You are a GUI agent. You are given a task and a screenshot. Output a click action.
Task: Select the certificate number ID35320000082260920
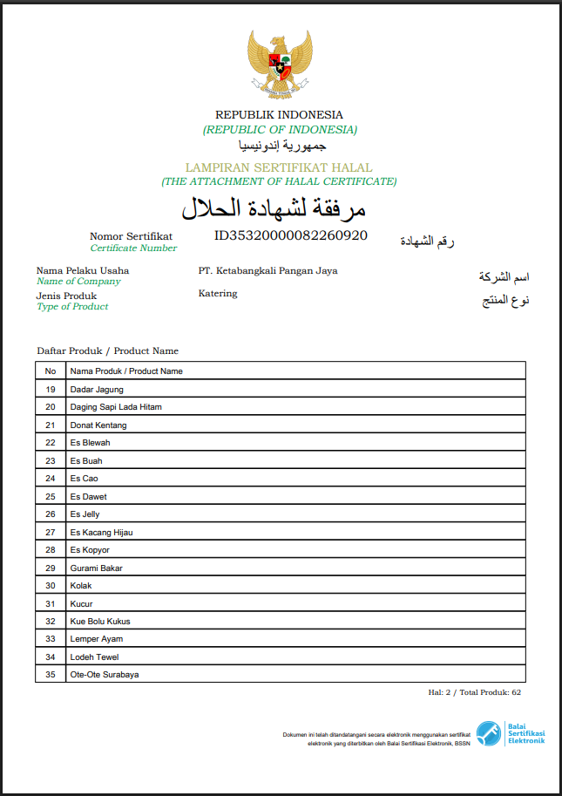(291, 235)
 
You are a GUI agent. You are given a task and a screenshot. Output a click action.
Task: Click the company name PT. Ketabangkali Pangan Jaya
(267, 270)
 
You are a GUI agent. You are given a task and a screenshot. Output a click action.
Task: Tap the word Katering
(218, 293)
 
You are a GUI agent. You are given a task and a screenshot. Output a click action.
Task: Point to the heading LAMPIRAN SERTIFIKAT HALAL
(279, 167)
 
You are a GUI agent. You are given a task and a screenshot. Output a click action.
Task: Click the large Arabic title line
(274, 209)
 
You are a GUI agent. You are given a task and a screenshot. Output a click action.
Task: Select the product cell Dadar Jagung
(97, 389)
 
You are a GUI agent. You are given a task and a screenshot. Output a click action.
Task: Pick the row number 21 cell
(51, 425)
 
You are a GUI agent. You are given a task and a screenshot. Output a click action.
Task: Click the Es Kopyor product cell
(91, 550)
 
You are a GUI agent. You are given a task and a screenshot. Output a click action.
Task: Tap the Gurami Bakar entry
(96, 568)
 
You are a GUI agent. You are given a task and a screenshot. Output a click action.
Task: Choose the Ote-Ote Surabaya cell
(105, 675)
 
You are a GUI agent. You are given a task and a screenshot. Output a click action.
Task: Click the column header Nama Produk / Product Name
(126, 371)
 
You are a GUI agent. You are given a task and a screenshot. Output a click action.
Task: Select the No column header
(51, 371)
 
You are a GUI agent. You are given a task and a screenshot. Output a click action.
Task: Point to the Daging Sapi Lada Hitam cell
(116, 407)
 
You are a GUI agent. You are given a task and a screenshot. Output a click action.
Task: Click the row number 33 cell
(51, 639)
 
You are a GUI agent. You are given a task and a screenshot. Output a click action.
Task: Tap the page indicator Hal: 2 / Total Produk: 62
(474, 691)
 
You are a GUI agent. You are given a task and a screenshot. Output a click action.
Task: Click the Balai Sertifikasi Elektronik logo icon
(488, 732)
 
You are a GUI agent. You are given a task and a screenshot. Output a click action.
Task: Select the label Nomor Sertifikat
(131, 236)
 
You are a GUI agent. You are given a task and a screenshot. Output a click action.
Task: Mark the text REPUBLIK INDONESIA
(279, 114)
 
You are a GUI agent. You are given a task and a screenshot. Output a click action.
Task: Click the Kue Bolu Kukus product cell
(100, 622)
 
